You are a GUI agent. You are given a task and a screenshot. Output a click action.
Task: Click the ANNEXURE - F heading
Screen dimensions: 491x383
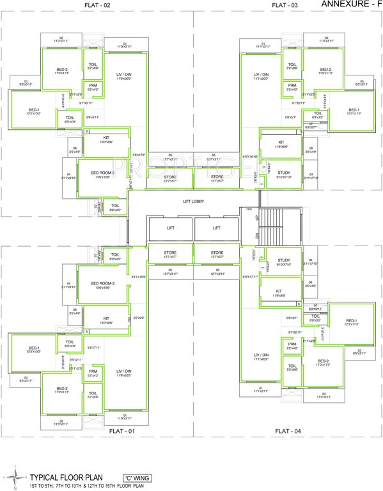349,4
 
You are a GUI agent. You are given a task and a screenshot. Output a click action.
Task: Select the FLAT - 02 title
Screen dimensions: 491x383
97,5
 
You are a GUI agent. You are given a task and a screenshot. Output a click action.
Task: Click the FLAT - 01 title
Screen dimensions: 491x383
97,431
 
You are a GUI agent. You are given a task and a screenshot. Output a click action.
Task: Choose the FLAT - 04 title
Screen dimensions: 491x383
287,431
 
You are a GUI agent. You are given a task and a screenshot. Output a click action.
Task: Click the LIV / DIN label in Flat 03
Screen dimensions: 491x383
261,75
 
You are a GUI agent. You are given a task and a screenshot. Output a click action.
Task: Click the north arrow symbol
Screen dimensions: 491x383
13,474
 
